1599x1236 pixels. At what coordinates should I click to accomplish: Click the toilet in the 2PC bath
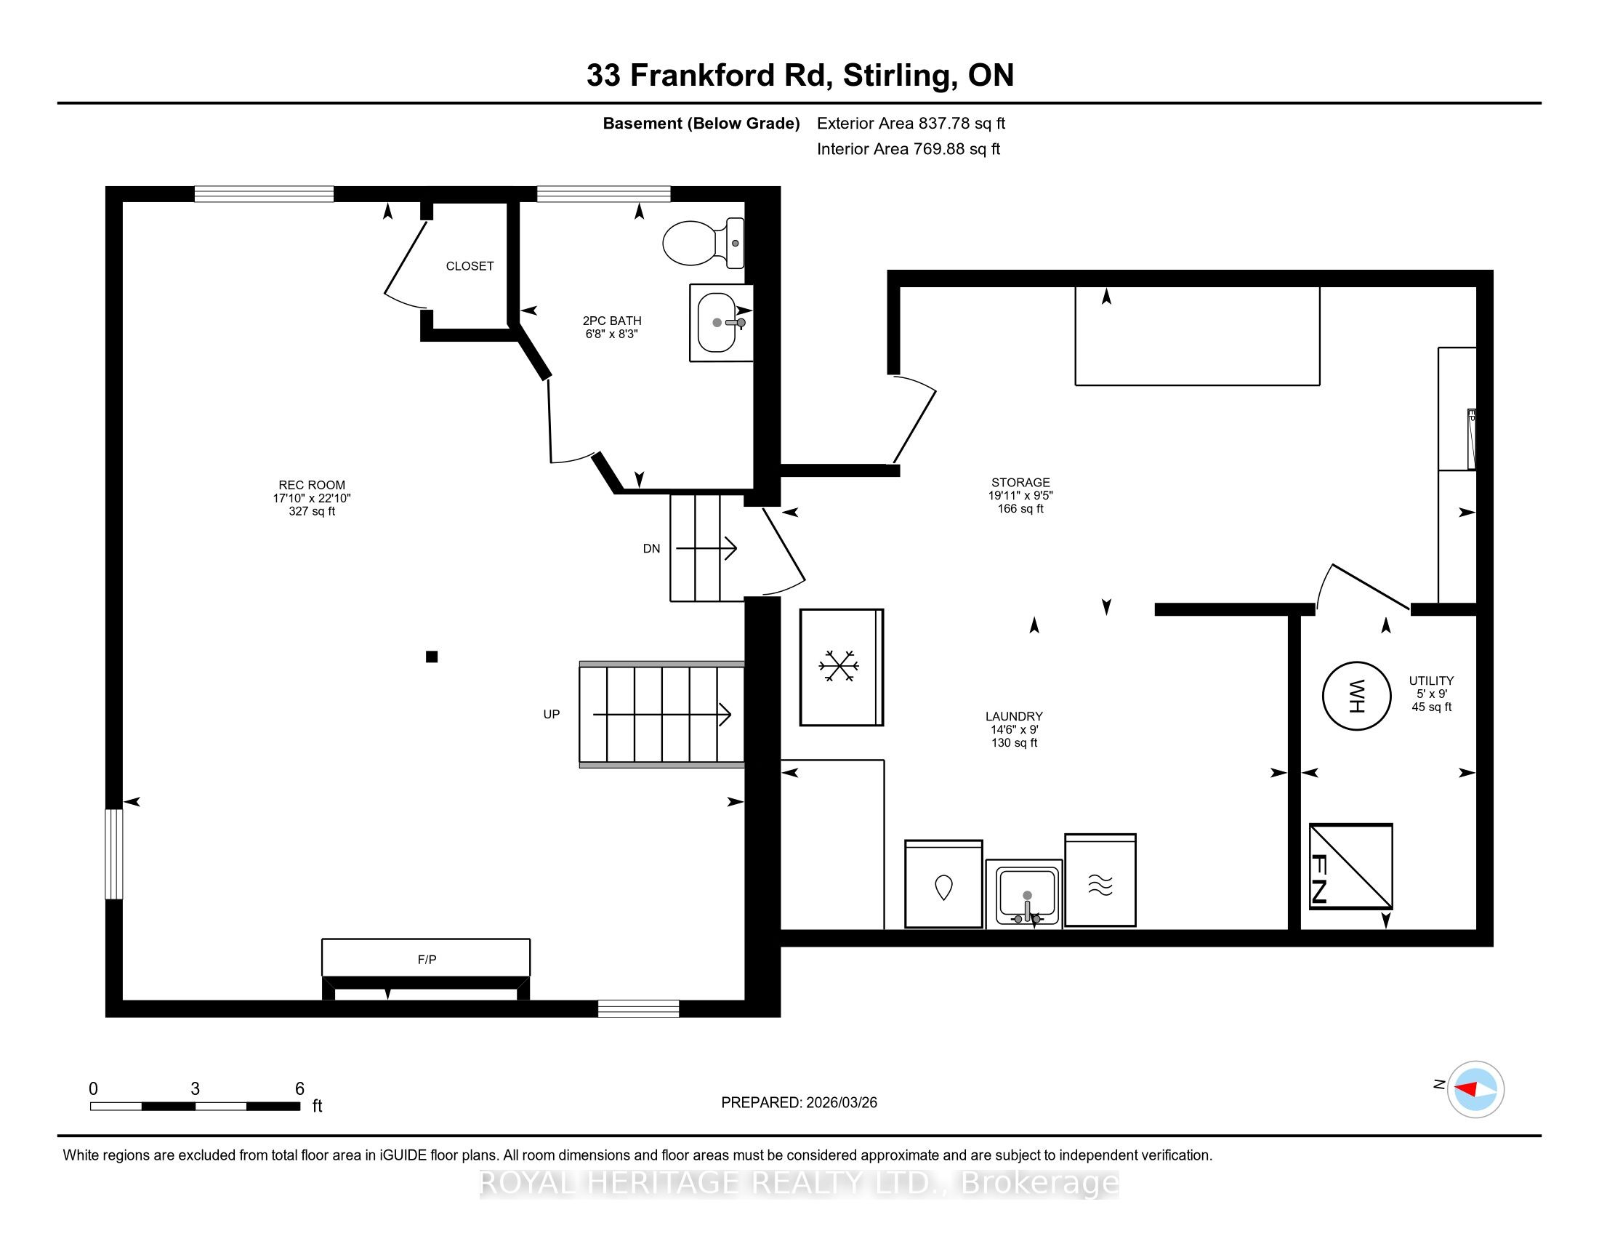[x=704, y=243]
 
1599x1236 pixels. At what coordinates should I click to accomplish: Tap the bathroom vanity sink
[x=722, y=323]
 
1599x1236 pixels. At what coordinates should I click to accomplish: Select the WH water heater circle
[x=1356, y=696]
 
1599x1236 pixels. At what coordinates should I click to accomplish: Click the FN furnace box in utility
[x=1351, y=866]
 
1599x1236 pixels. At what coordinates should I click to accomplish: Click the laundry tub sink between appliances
[x=1023, y=894]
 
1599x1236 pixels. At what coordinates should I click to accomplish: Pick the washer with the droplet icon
[x=943, y=884]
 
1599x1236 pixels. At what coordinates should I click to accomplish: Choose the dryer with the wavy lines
[x=1100, y=880]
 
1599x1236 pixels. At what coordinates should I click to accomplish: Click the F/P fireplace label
[x=427, y=959]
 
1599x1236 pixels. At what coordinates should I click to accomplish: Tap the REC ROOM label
[x=312, y=485]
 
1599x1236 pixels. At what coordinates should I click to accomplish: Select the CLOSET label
[x=470, y=266]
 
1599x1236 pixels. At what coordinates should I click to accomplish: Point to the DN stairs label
[x=652, y=548]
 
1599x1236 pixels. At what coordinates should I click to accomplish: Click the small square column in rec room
[x=432, y=657]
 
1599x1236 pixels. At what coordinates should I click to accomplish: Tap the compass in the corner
[x=1475, y=1089]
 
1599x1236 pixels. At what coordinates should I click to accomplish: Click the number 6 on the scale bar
[x=299, y=1089]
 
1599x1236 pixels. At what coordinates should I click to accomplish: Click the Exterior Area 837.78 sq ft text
[x=911, y=124]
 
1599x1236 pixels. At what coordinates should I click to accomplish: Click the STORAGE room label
[x=1020, y=483]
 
